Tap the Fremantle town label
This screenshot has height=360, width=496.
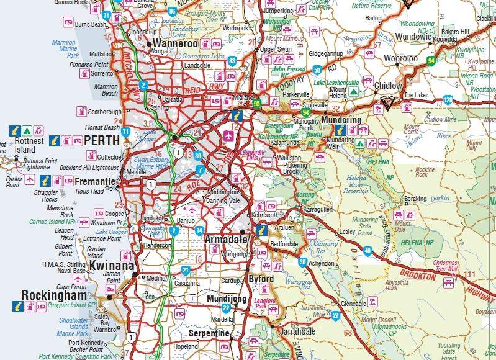point(95,182)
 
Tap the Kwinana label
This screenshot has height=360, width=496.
point(112,266)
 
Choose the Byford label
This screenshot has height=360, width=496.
point(261,279)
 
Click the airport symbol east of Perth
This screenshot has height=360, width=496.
point(229,135)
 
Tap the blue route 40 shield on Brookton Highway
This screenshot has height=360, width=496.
point(367,251)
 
